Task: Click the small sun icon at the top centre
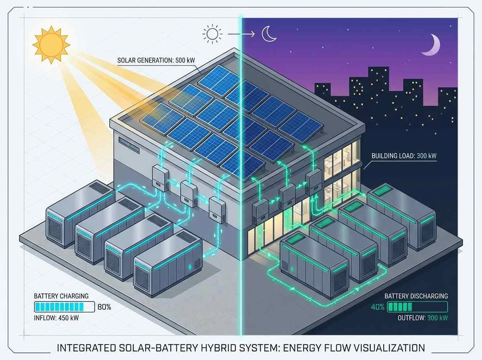click(212, 34)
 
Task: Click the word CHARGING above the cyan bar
click(73, 296)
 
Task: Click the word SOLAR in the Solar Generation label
click(127, 61)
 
